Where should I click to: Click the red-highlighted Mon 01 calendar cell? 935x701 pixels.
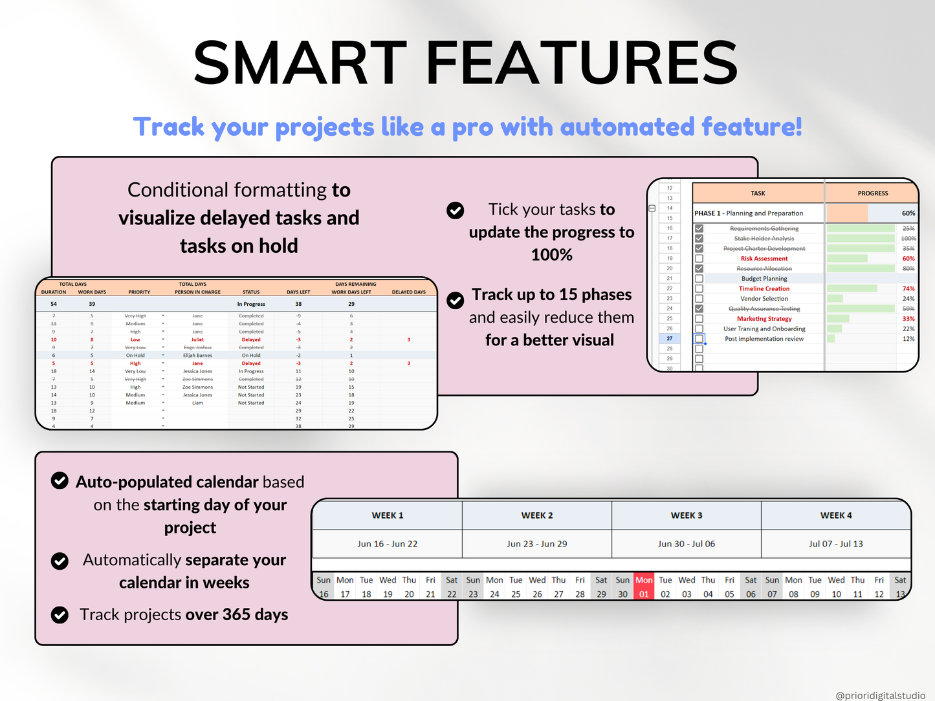pyautogui.click(x=644, y=587)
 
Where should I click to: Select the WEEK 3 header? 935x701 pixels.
pyautogui.click(x=687, y=515)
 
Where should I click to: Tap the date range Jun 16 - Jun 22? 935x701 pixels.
pyautogui.click(x=387, y=544)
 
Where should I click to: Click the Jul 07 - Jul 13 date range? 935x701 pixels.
pyautogui.click(x=835, y=544)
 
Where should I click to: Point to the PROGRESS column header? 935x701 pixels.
pyautogui.click(x=872, y=193)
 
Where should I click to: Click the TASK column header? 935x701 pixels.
pyautogui.click(x=758, y=193)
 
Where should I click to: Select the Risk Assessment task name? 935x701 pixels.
pyautogui.click(x=764, y=259)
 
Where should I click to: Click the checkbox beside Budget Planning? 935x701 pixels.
pyautogui.click(x=699, y=279)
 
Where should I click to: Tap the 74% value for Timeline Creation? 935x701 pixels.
pyautogui.click(x=908, y=289)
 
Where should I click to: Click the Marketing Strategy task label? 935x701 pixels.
pyautogui.click(x=764, y=319)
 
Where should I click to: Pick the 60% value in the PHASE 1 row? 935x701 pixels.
pyautogui.click(x=908, y=213)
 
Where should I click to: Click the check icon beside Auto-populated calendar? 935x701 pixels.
pyautogui.click(x=60, y=480)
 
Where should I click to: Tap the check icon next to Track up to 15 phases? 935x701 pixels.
pyautogui.click(x=456, y=300)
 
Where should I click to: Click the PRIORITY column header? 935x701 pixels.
pyautogui.click(x=139, y=292)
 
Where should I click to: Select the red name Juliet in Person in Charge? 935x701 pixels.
pyautogui.click(x=197, y=340)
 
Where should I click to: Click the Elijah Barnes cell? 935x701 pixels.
pyautogui.click(x=197, y=356)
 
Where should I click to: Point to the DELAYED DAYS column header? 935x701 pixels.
pyautogui.click(x=408, y=292)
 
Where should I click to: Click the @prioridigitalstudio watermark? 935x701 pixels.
pyautogui.click(x=880, y=695)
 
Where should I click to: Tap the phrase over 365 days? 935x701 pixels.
pyautogui.click(x=237, y=614)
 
